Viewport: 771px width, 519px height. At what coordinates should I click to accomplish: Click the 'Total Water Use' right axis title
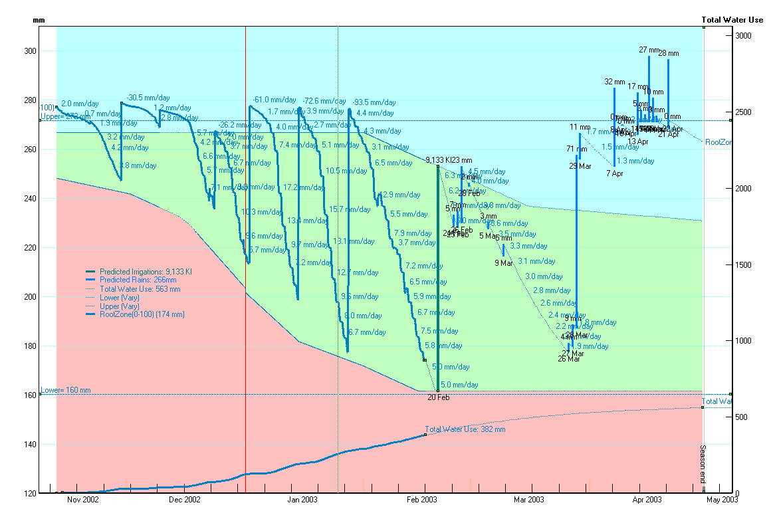coord(732,19)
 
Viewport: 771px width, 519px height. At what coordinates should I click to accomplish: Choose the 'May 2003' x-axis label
coord(720,499)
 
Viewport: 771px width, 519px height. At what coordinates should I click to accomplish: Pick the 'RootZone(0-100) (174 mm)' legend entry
coord(142,314)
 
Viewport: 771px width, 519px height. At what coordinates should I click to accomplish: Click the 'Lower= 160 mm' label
coord(65,390)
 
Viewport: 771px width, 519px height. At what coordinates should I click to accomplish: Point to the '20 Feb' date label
coord(438,397)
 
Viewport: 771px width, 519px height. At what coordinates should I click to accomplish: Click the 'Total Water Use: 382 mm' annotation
coord(465,429)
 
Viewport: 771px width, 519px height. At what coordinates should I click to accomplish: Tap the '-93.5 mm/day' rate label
coord(374,102)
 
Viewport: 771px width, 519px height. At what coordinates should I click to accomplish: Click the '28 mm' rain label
coord(669,53)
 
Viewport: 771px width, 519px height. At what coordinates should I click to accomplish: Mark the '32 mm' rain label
coord(615,82)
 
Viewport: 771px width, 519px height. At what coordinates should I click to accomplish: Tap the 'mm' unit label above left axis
coord(39,21)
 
